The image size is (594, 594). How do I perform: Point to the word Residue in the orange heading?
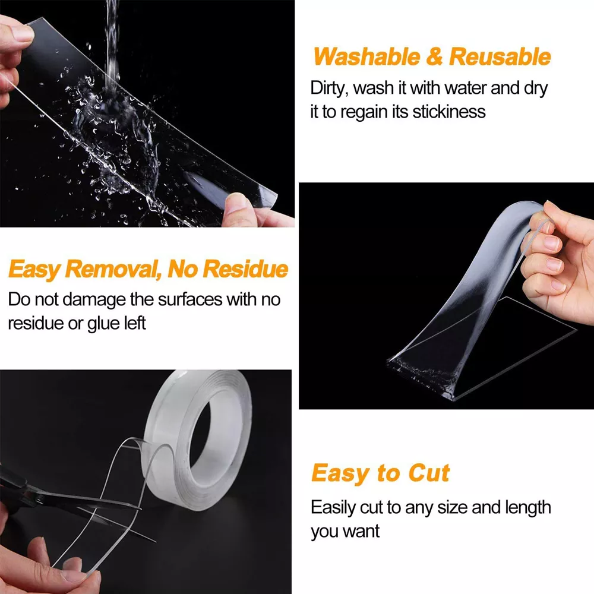[245, 270]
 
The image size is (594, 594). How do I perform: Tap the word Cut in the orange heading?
[428, 473]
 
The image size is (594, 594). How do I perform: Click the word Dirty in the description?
[328, 88]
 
